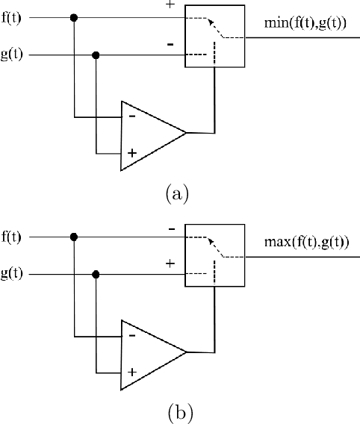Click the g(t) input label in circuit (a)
pos(12,55)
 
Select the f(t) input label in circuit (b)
pos(12,238)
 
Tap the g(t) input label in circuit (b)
pos(12,275)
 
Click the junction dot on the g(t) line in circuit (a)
pos(96,55)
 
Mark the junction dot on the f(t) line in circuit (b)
pos(73,238)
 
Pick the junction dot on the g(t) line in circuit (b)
pos(96,275)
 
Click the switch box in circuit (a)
pos(214,37)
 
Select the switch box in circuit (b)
pos(214,256)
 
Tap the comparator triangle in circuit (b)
pos(149,353)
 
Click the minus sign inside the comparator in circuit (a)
pos(132,116)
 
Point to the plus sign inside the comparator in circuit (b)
pos(132,371)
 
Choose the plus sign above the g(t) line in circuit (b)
pos(170,264)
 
